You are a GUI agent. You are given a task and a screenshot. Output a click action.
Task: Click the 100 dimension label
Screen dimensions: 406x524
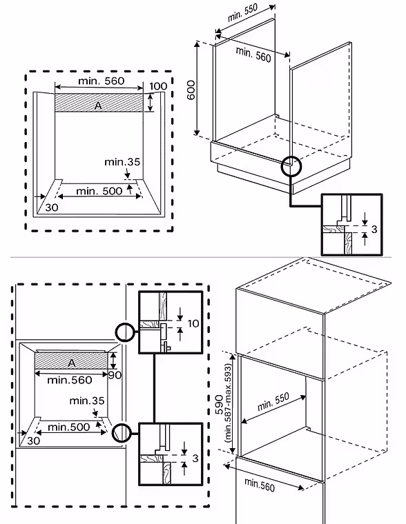[158, 86]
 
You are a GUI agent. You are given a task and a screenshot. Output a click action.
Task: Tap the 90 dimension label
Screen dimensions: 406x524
[115, 375]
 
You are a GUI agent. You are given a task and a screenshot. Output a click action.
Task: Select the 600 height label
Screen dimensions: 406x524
[191, 90]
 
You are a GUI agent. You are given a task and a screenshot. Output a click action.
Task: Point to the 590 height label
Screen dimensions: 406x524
[220, 405]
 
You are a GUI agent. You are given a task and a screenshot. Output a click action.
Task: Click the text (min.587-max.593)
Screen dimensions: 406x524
[229, 403]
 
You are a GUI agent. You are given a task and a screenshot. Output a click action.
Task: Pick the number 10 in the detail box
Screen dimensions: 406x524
[193, 323]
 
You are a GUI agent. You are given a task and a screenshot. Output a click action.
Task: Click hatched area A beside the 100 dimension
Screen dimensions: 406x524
[99, 102]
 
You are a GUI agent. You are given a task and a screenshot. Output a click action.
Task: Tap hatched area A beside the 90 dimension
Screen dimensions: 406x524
[71, 361]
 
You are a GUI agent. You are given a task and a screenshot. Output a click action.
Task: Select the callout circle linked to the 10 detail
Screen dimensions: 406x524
[125, 332]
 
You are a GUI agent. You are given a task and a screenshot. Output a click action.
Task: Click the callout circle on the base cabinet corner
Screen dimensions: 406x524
[291, 166]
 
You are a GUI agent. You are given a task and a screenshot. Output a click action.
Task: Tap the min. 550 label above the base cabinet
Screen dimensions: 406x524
[242, 13]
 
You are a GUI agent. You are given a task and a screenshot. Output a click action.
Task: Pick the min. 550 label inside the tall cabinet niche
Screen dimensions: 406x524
[273, 402]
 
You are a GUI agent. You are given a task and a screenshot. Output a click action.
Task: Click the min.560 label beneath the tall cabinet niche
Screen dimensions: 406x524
[260, 485]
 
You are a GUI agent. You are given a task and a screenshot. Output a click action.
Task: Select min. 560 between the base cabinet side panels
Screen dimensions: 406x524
[253, 54]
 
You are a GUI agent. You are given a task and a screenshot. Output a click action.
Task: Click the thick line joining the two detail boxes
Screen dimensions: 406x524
[154, 388]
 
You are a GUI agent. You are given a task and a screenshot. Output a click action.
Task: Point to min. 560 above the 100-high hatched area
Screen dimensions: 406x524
[101, 81]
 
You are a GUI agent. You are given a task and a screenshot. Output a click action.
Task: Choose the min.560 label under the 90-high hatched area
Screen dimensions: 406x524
[70, 380]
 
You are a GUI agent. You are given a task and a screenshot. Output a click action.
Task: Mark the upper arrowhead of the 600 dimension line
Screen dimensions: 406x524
[197, 44]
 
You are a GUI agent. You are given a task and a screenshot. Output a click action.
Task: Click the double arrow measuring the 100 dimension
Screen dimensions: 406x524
[151, 102]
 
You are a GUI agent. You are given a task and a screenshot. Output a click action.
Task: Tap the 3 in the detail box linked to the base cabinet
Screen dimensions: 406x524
[374, 229]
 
